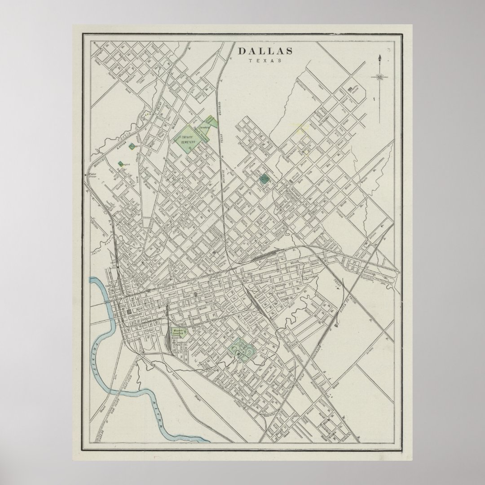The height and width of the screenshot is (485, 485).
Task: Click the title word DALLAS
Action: [x=265, y=51]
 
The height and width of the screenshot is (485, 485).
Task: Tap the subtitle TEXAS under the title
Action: [x=265, y=61]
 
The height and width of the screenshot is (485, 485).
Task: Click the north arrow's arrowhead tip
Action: [x=380, y=57]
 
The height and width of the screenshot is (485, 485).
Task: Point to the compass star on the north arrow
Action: [x=380, y=77]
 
